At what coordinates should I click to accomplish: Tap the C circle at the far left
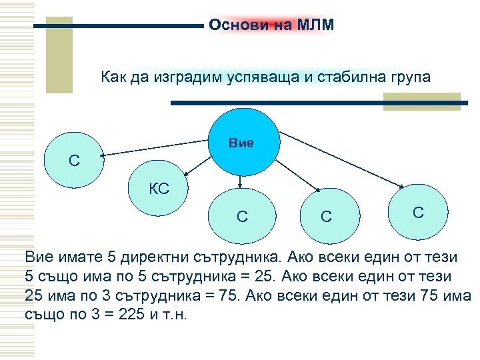tap(73, 161)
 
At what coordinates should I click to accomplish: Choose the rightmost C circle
tap(418, 212)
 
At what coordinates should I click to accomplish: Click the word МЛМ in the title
tap(317, 25)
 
